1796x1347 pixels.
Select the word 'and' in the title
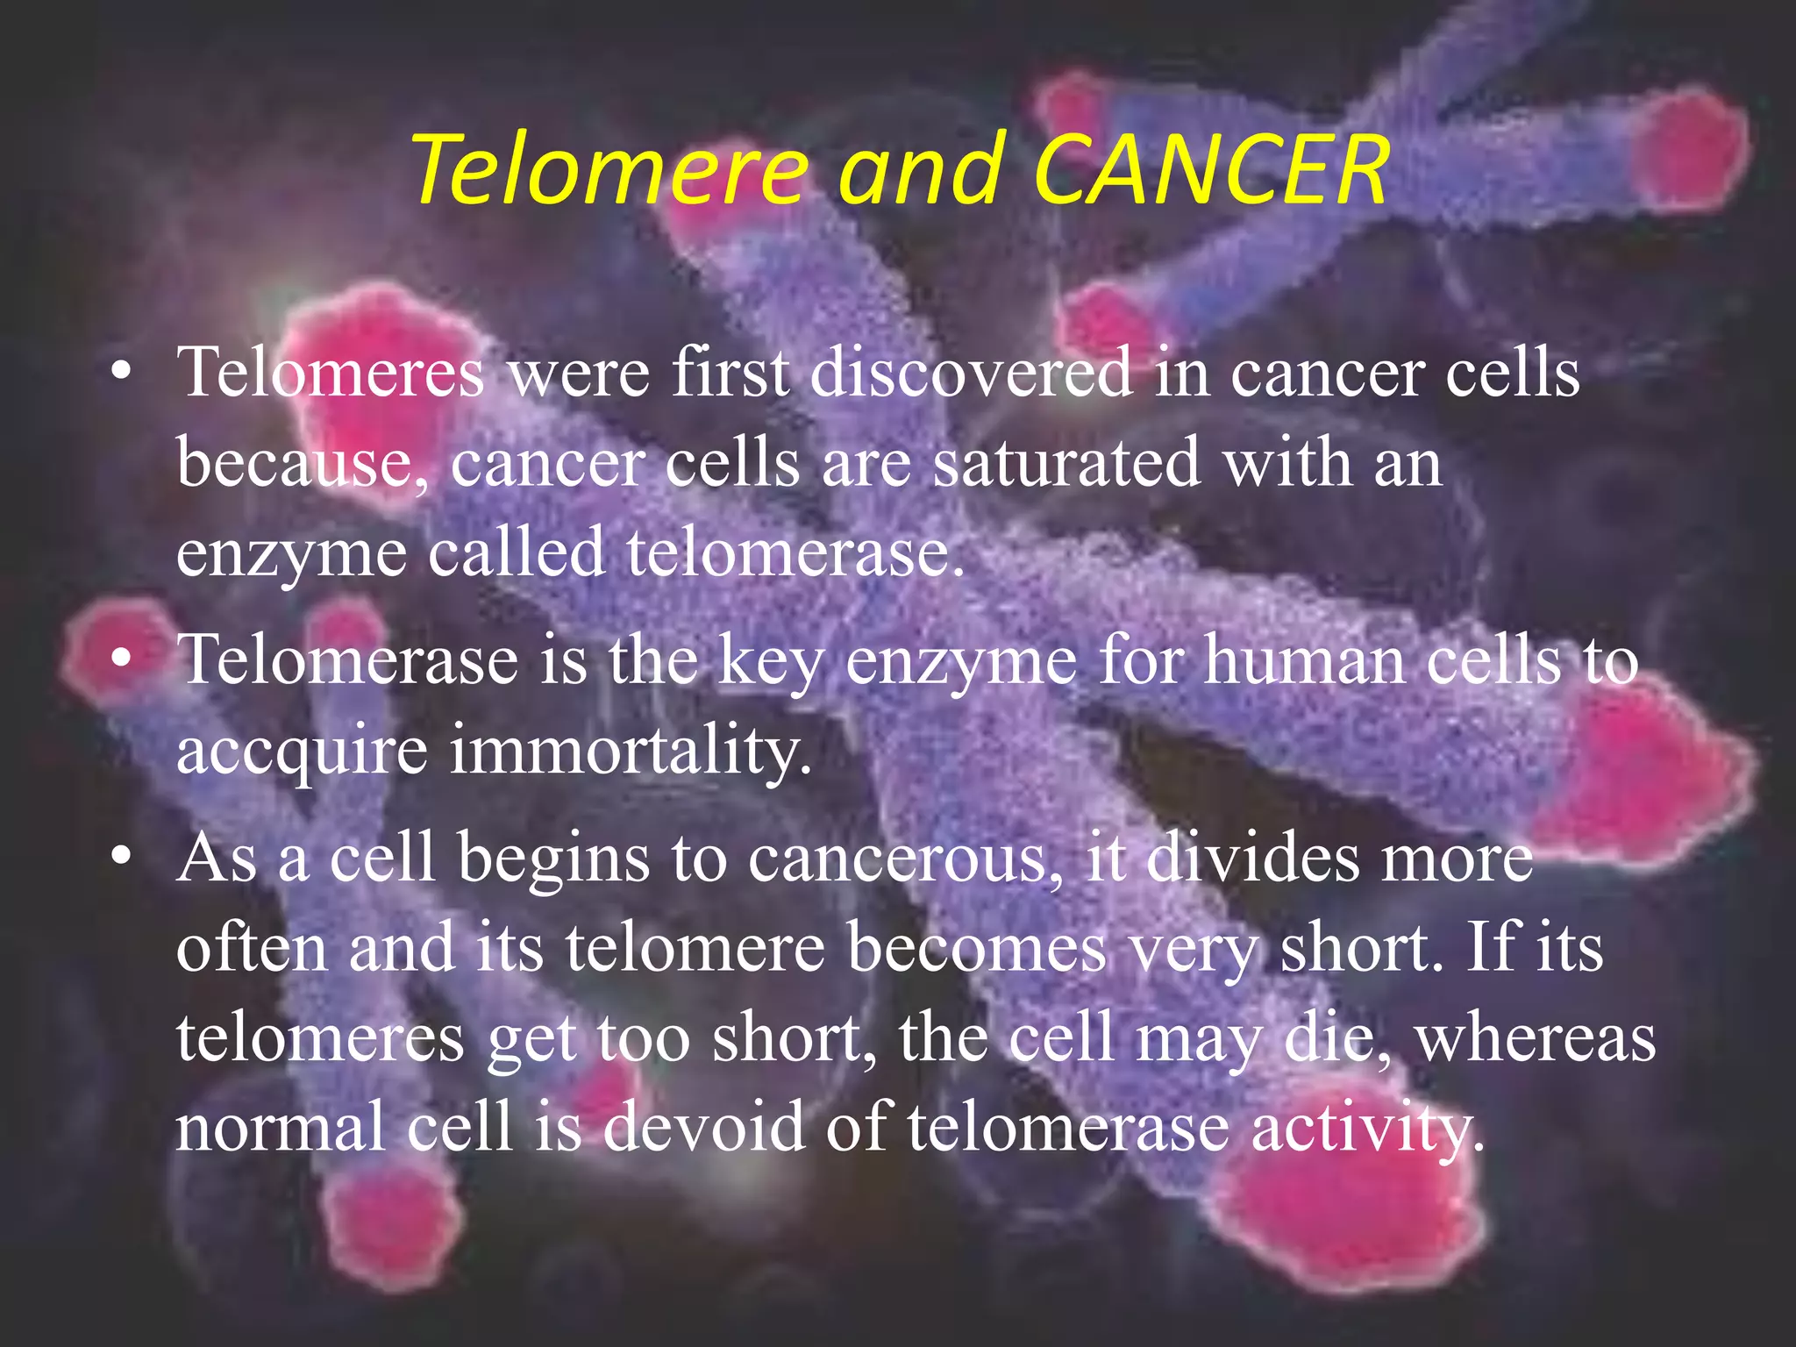pos(920,169)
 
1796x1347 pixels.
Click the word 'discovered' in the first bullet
pos(970,373)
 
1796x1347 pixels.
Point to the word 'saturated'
pos(1065,462)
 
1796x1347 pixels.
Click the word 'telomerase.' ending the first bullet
pos(795,552)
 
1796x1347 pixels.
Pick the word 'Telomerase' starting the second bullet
pos(347,659)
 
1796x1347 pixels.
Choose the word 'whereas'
pos(1536,1038)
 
